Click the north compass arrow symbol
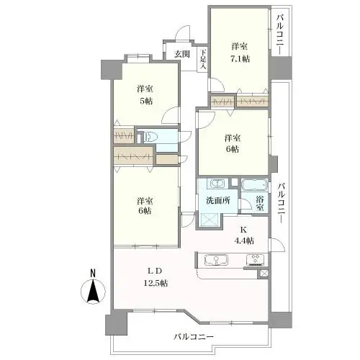[x=93, y=291]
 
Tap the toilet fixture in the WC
[x=150, y=137]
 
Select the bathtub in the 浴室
[x=254, y=185]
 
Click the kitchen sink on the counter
[x=216, y=259]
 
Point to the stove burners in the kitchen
[x=256, y=259]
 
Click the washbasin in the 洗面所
[x=217, y=184]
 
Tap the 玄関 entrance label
[x=182, y=54]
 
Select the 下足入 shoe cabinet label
[x=203, y=59]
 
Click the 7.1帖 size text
[x=240, y=58]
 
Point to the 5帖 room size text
[x=146, y=101]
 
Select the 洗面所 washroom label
[x=218, y=200]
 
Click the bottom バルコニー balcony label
[x=194, y=337]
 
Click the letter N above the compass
[x=93, y=273]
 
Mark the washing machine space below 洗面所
[x=210, y=220]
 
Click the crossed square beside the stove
[x=264, y=274]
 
